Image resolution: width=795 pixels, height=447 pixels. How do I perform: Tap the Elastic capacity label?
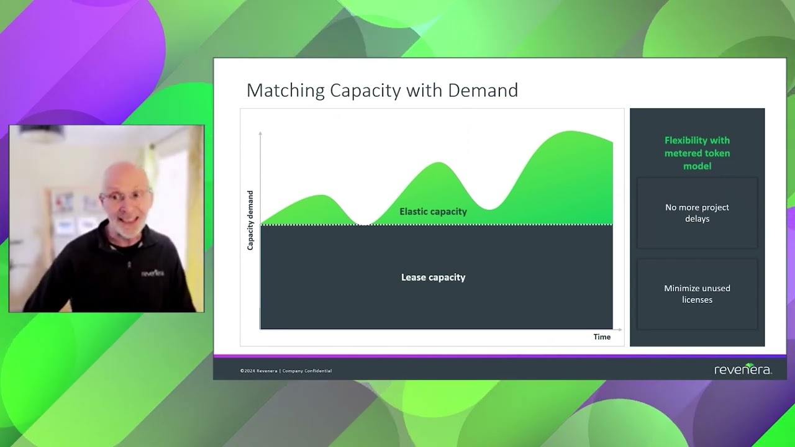433,212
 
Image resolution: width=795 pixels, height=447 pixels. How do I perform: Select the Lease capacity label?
433,278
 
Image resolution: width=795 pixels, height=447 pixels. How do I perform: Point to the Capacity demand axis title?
250,220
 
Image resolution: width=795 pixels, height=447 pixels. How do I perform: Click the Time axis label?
602,337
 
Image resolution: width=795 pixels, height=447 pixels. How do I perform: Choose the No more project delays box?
697,213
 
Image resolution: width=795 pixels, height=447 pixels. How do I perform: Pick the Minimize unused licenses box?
697,294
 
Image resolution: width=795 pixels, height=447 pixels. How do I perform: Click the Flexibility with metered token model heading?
697,153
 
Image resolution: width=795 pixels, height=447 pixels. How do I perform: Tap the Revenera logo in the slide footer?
743,370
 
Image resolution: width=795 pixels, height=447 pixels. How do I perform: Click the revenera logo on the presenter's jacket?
153,273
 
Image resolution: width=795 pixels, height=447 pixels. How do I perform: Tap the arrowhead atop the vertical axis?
260,133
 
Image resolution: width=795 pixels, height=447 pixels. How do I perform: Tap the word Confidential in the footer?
317,371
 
